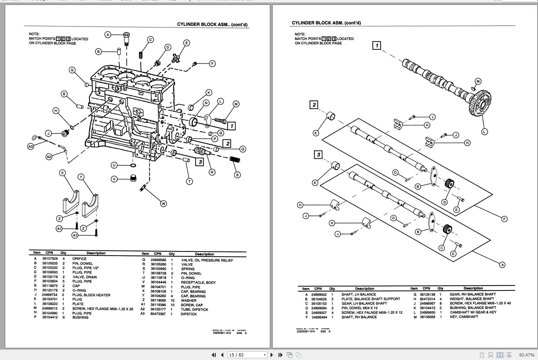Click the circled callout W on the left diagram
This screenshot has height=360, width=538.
pos(163,204)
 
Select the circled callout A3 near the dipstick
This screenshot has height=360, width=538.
pos(31,146)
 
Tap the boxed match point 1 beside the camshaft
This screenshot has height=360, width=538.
pos(376,45)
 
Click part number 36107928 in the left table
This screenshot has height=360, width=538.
pos(50,259)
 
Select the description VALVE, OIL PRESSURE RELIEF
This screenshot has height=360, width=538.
pos(207,260)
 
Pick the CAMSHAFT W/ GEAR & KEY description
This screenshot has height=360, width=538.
pos(473,312)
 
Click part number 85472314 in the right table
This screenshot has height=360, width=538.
pos(427,299)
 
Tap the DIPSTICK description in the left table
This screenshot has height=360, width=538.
pos(189,314)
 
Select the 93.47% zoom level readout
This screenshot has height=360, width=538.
pos(527,355)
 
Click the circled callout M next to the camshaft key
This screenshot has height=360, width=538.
pos(478,81)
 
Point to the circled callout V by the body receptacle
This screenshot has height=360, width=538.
pos(114,179)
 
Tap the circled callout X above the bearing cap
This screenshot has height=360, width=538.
pos(63,173)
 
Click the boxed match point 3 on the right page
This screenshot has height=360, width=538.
pos(318,154)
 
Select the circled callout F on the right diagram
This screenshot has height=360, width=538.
pos(504,219)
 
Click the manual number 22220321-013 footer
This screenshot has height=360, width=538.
pos(222,333)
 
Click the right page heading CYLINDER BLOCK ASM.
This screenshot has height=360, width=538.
pos(326,23)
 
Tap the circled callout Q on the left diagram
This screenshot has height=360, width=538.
pos(243,149)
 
